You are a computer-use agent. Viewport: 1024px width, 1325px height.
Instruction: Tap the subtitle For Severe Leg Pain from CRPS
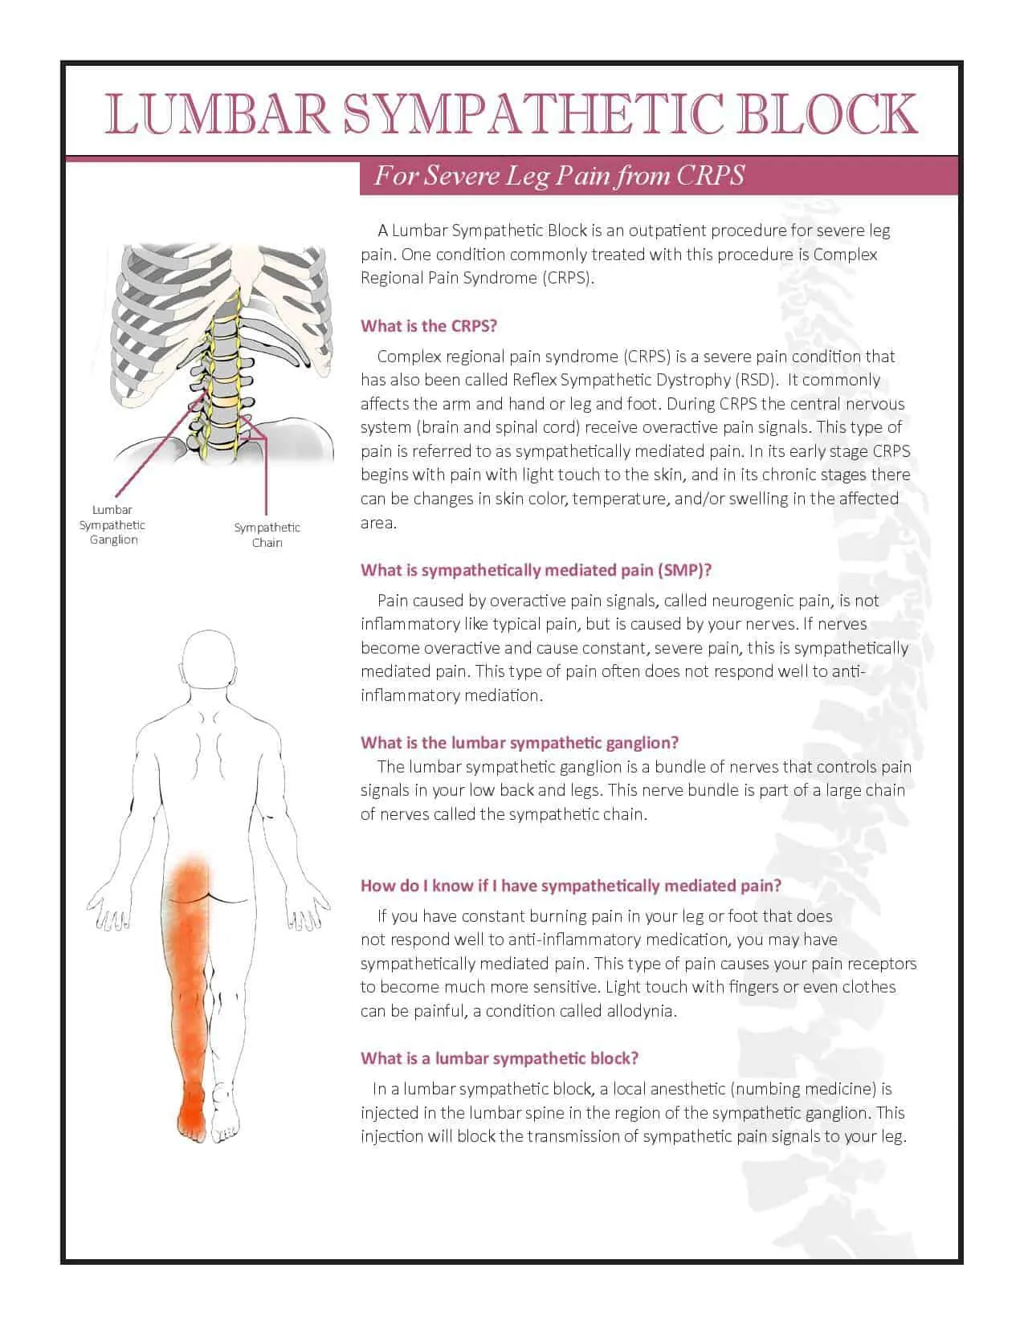(560, 176)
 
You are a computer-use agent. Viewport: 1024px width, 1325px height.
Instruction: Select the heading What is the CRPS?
(429, 326)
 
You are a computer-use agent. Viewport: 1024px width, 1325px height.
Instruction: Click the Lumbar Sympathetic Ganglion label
(112, 524)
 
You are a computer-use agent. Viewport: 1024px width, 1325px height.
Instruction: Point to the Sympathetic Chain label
(267, 535)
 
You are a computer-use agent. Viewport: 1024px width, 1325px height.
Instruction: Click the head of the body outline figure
(210, 660)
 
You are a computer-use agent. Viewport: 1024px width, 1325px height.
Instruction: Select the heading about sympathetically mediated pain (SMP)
(536, 570)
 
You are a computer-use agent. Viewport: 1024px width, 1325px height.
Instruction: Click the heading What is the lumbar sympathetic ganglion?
(520, 742)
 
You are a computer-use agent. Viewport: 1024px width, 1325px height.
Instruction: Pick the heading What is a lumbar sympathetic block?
(500, 1058)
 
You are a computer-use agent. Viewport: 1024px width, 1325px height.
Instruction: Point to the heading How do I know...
(570, 886)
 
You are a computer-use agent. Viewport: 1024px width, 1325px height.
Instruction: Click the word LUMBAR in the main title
(218, 113)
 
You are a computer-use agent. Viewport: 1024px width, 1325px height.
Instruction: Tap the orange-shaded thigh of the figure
(189, 940)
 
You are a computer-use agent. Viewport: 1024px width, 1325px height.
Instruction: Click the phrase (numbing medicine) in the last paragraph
(803, 1090)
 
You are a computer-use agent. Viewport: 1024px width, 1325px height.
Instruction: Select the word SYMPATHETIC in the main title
(531, 113)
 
